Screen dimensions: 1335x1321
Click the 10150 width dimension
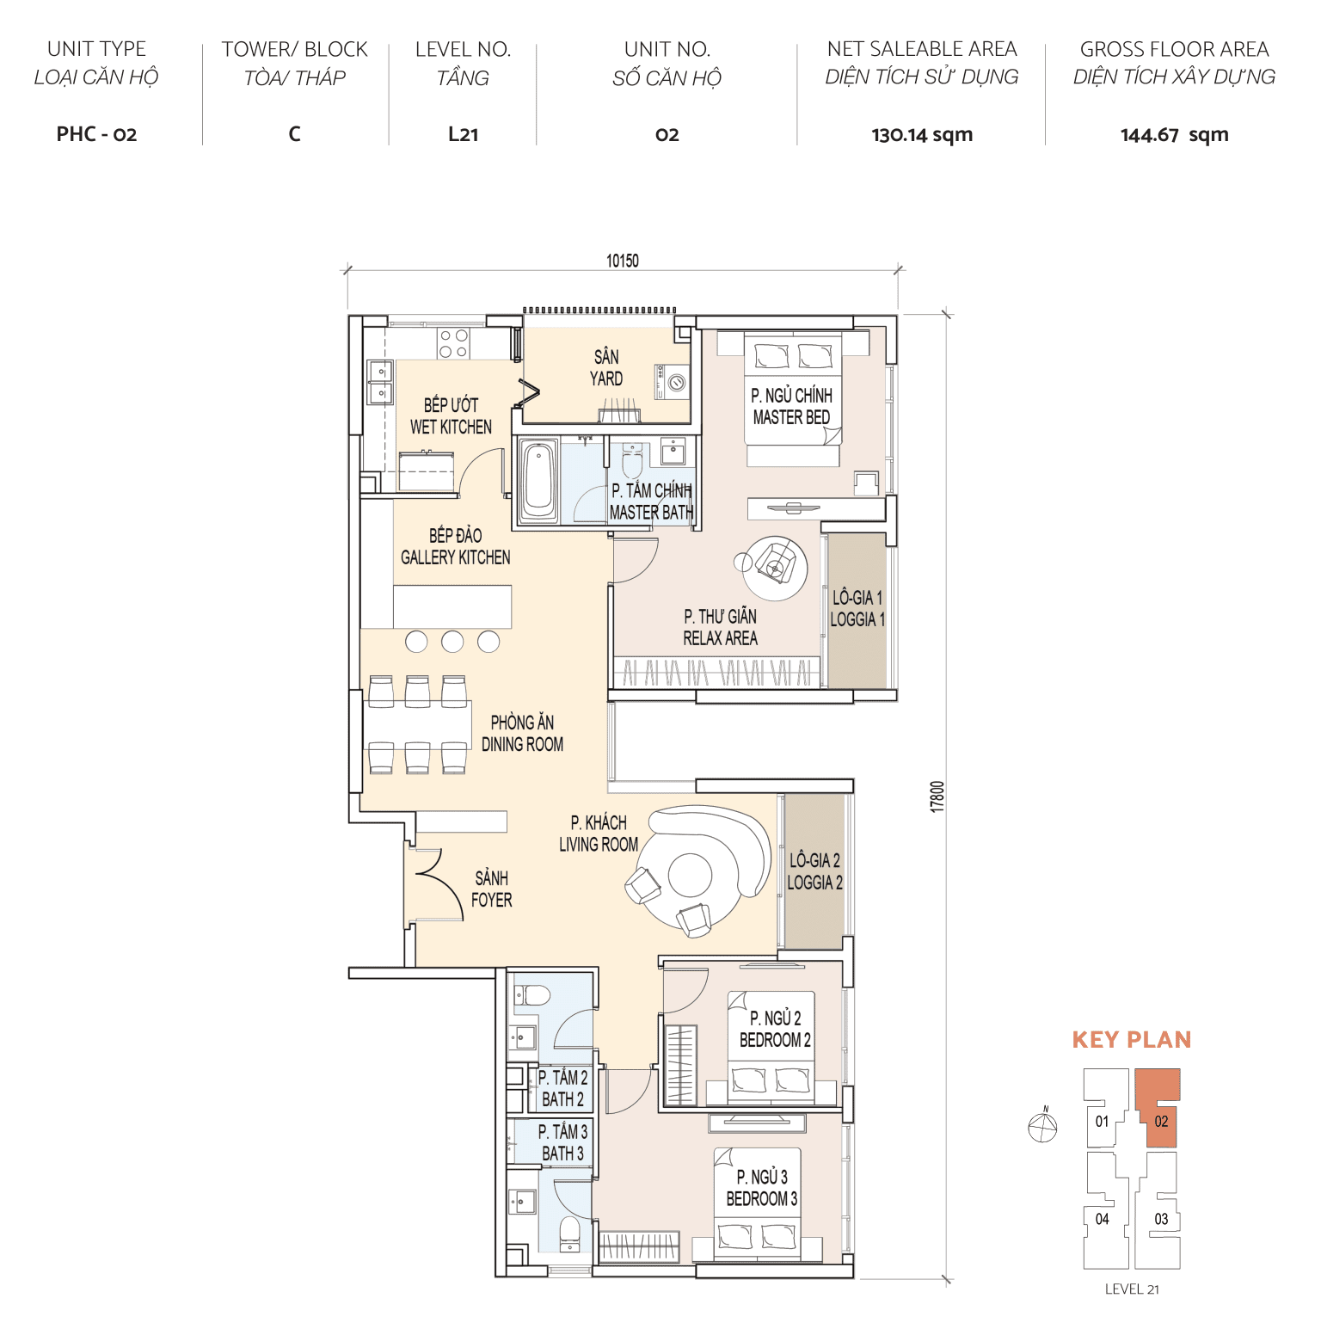pos(622,261)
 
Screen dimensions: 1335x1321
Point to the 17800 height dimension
pos(937,797)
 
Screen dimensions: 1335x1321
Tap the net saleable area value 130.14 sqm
pos(921,135)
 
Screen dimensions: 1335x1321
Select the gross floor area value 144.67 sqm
pos(1174,135)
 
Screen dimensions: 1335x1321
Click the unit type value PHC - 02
pos(96,134)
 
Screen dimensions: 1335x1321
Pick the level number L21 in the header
pos(463,134)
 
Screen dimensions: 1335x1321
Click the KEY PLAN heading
pos(1131,1040)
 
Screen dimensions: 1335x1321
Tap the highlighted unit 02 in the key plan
pos(1160,1121)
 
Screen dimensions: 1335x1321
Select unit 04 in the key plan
pos(1102,1219)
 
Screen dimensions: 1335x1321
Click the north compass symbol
pos(1042,1127)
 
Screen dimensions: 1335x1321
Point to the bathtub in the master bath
pos(539,480)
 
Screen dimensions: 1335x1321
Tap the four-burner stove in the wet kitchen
pos(453,343)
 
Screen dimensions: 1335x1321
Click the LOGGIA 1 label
pos(857,608)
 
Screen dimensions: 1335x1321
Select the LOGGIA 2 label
pos(814,871)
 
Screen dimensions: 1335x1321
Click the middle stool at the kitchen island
pos(452,641)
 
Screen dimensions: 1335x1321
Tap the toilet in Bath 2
pos(533,996)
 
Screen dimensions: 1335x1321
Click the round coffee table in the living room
pos(690,876)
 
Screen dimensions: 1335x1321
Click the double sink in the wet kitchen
pos(380,382)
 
